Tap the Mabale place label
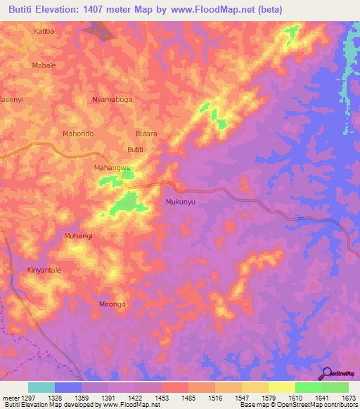[44, 65]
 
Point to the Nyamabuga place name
[112, 100]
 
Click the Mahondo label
[78, 133]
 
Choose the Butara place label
[146, 133]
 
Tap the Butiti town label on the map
[134, 149]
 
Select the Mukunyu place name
[179, 202]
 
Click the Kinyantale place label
[45, 270]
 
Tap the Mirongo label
[112, 304]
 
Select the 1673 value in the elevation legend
[347, 397]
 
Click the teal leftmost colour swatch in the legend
[41, 387]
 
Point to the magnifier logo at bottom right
[327, 373]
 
